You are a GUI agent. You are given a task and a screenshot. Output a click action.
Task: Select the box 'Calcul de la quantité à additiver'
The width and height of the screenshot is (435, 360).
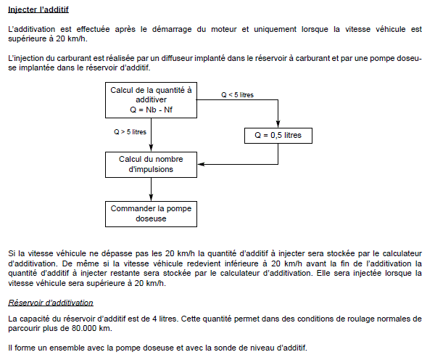[151, 99]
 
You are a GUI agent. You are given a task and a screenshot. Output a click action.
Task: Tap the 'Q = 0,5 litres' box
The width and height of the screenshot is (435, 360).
[278, 135]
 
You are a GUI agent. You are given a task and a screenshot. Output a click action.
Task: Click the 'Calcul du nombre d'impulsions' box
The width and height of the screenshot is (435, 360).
[151, 164]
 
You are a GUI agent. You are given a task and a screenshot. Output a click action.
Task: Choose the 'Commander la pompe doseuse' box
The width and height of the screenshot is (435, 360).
[151, 213]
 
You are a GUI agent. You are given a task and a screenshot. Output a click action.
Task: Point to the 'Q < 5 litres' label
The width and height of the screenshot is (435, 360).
[237, 95]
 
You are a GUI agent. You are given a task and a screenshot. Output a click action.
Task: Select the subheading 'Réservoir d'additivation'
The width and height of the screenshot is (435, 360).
[50, 302]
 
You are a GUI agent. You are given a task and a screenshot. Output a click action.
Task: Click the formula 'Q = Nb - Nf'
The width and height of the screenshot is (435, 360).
[151, 110]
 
